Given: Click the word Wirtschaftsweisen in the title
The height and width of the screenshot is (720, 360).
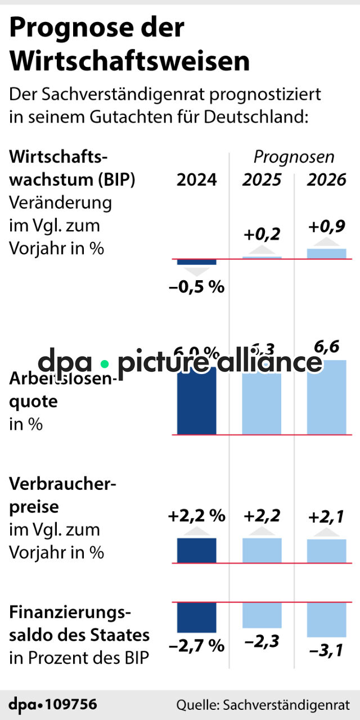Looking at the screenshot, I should tap(129, 61).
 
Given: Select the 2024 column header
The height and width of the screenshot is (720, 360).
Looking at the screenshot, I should tap(196, 180).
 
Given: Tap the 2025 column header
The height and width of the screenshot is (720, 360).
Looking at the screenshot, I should tap(262, 180).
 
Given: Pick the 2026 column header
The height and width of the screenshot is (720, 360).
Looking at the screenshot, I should tap(327, 180).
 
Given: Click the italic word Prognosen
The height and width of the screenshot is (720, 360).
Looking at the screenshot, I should tap(294, 156).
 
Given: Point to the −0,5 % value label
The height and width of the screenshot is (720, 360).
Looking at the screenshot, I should tap(196, 287).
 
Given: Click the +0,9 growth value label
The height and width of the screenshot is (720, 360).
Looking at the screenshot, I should tap(327, 227).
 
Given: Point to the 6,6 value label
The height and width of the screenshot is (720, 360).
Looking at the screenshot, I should tap(327, 347).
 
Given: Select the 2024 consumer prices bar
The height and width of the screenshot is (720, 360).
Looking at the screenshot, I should tap(196, 550).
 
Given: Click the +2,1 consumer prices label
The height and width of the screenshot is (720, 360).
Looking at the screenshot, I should tap(327, 516).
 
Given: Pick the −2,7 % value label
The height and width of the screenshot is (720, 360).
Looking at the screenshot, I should tap(196, 645).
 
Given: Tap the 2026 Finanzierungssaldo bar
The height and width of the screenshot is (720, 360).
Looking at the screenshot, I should tap(327, 619).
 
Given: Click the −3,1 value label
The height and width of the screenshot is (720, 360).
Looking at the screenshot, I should tap(327, 651).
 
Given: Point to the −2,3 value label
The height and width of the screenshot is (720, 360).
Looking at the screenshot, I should tap(262, 641).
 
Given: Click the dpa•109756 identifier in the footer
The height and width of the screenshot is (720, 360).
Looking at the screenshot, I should tap(53, 704).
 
